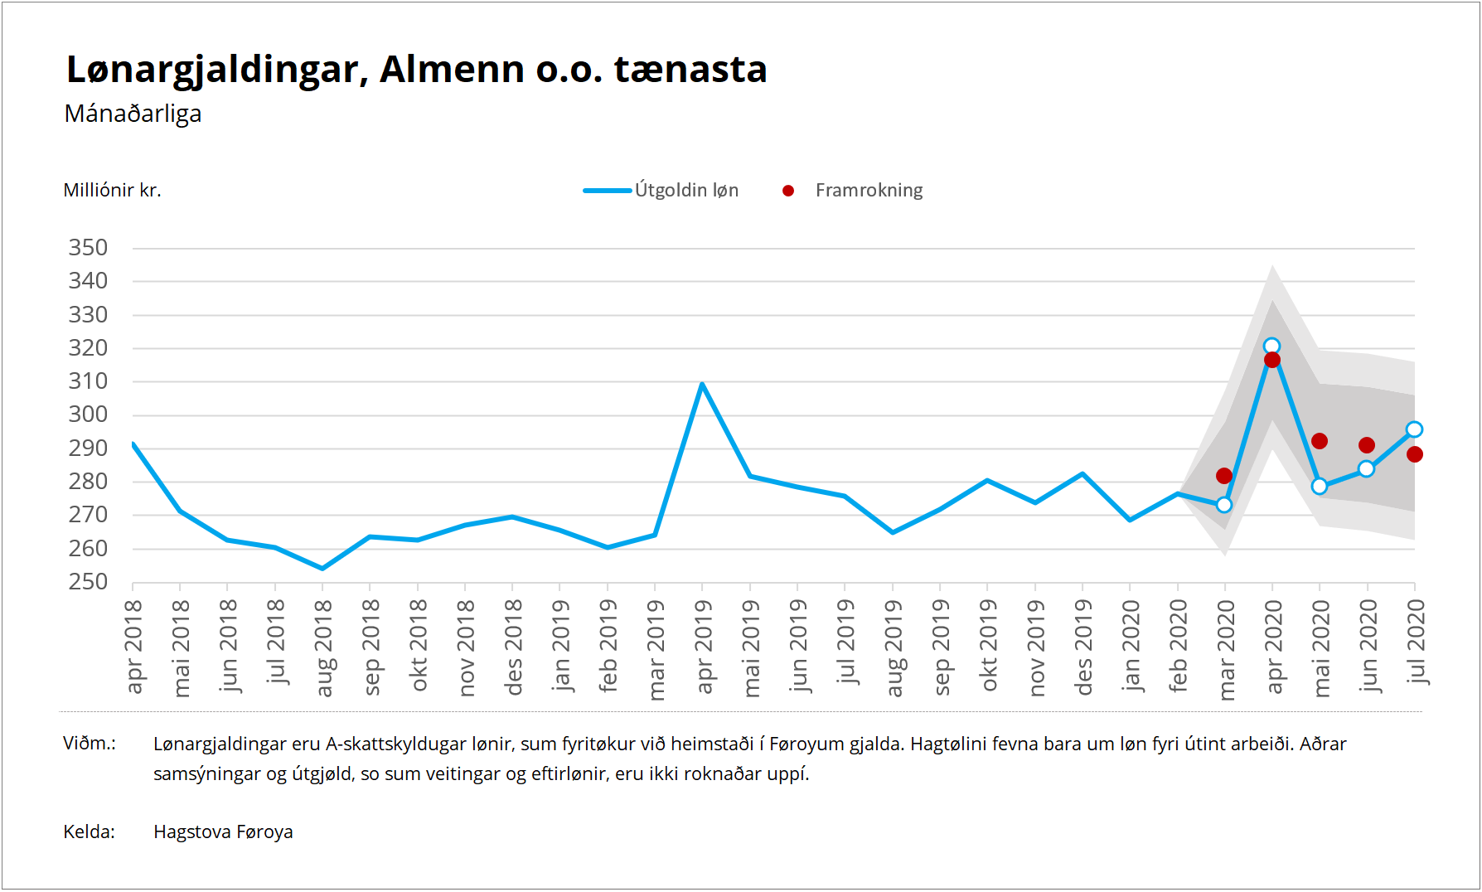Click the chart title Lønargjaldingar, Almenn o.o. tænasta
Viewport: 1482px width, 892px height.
click(x=416, y=70)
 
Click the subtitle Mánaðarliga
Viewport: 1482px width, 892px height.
click(x=133, y=114)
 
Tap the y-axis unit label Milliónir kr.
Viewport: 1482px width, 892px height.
click(x=112, y=191)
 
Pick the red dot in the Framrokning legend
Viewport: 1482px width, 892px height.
click(x=788, y=191)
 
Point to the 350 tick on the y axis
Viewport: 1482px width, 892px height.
click(x=88, y=248)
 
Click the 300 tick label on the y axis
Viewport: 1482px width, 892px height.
click(x=88, y=414)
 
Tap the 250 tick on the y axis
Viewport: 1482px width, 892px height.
click(x=88, y=582)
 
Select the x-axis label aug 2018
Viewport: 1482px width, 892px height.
click(x=323, y=647)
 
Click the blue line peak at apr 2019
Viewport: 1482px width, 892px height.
click(x=702, y=384)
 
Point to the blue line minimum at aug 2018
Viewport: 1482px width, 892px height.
click(x=322, y=569)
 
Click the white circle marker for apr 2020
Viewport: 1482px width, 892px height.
click(x=1271, y=347)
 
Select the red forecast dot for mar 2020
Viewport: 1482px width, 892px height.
click(x=1224, y=476)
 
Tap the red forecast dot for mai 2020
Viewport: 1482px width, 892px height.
click(x=1320, y=441)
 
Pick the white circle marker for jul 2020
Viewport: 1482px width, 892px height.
click(x=1414, y=429)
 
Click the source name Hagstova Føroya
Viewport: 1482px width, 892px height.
click(x=223, y=832)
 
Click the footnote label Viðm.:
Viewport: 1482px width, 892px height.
click(x=90, y=744)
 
